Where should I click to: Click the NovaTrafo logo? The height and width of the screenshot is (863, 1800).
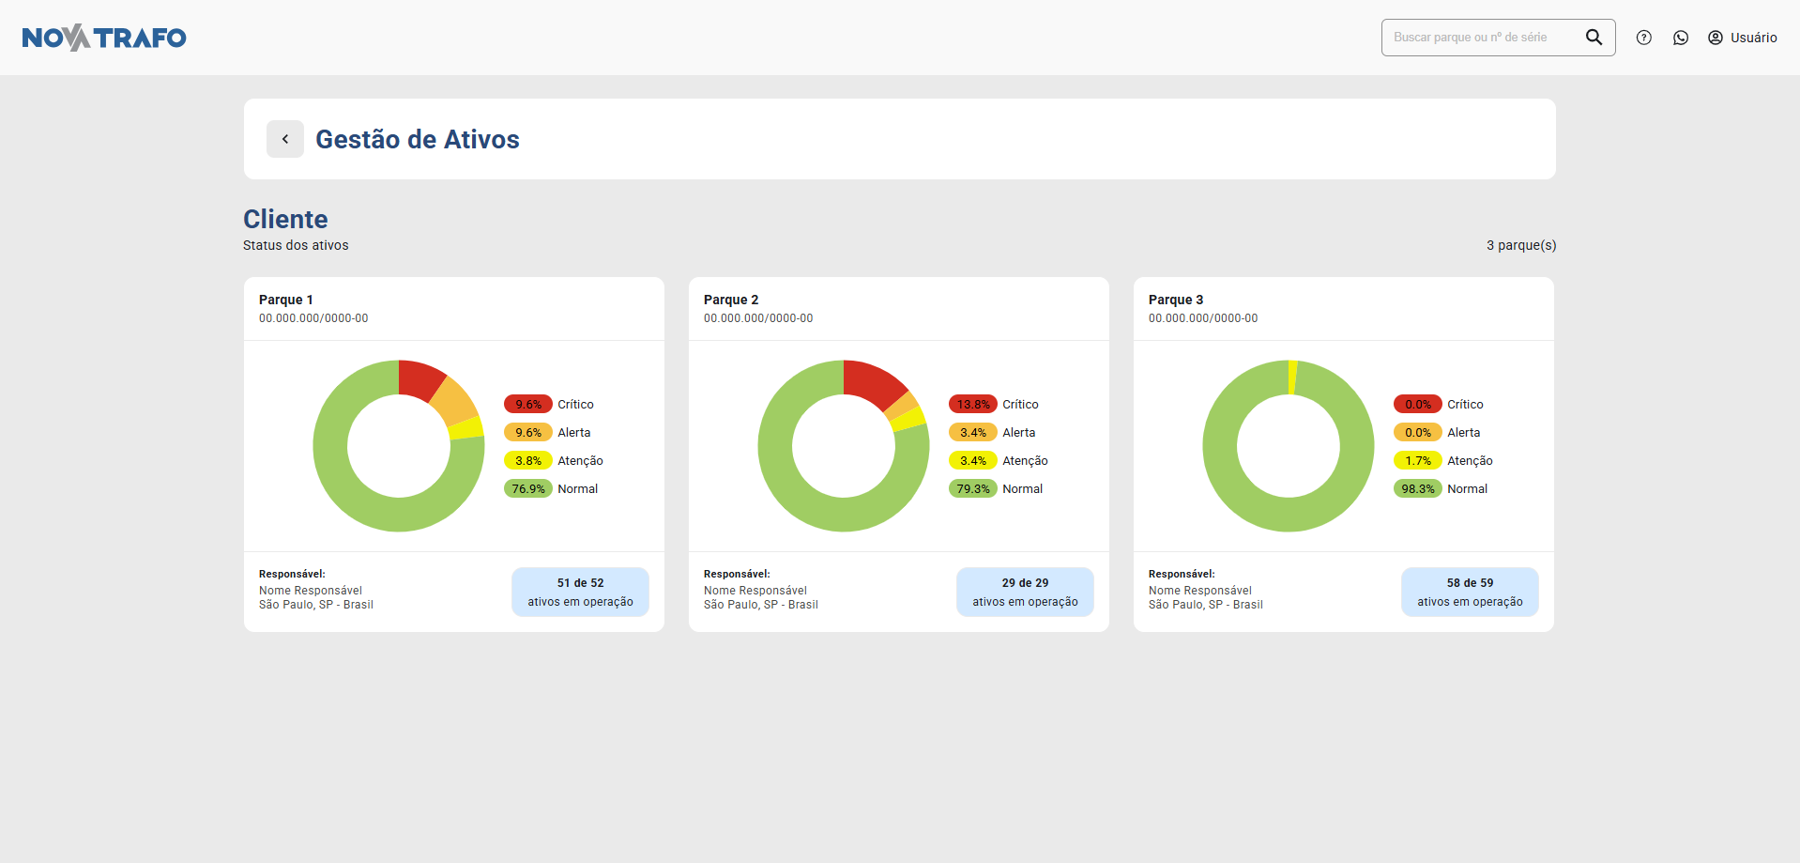[104, 38]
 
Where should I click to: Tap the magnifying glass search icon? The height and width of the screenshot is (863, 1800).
[1594, 38]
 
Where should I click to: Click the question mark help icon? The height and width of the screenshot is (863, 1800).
[1643, 38]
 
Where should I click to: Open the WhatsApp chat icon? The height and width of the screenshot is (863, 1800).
[1681, 38]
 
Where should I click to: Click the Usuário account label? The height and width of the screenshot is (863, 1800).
[1752, 38]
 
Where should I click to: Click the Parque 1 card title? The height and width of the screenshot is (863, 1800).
[286, 300]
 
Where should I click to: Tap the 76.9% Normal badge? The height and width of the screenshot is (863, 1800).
[528, 489]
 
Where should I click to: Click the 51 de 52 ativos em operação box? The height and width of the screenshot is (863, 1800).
[580, 592]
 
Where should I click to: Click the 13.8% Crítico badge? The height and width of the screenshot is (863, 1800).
[973, 405]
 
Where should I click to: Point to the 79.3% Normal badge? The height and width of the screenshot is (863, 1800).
[973, 489]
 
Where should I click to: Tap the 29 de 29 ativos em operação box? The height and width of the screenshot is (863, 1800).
[1025, 592]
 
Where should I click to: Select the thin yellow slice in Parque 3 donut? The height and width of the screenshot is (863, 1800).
[1292, 378]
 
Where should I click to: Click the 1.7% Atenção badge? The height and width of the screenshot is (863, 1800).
[1418, 461]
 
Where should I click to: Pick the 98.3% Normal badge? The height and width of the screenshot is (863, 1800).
[1418, 489]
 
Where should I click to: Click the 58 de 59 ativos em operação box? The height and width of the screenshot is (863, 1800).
[1470, 592]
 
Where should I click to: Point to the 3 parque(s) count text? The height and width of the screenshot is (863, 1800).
[1521, 245]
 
